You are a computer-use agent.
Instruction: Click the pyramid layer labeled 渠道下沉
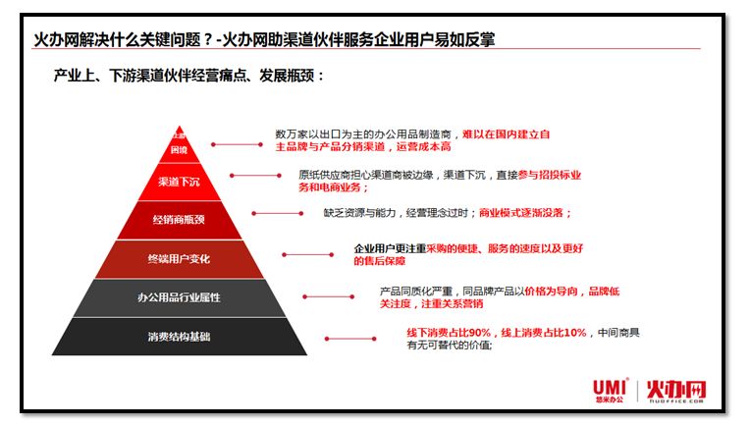click(179, 182)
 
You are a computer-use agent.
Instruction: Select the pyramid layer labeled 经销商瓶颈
click(179, 218)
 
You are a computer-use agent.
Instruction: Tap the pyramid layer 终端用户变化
click(179, 259)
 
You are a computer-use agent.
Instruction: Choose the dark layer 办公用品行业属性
click(179, 297)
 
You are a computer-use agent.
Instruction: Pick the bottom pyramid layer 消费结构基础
click(179, 337)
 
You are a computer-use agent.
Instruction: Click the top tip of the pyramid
click(179, 137)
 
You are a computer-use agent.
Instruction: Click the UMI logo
click(611, 390)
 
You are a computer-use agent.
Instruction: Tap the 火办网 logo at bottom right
click(677, 391)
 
